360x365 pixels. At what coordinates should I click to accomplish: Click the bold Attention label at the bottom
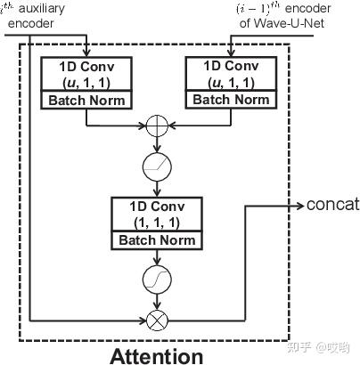156,355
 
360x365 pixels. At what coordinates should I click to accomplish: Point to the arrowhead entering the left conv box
86,52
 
